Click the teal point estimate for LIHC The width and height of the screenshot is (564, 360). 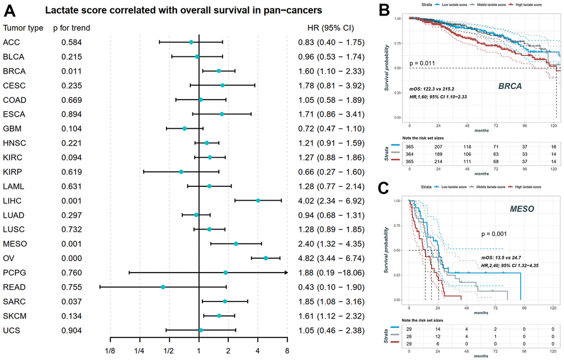[x=258, y=200]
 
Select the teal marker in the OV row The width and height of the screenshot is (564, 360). [x=266, y=258]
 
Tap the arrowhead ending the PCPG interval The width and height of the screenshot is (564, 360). [x=286, y=273]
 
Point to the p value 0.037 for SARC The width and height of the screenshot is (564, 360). [x=71, y=301]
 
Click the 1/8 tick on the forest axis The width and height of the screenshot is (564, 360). [x=111, y=351]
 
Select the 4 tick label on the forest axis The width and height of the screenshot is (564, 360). [x=258, y=351]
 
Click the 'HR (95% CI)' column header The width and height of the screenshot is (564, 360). [x=331, y=28]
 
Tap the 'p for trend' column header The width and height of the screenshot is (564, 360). [x=76, y=28]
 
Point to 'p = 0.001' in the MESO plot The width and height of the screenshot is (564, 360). [x=494, y=234]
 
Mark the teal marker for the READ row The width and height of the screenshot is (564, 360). [x=163, y=287]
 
